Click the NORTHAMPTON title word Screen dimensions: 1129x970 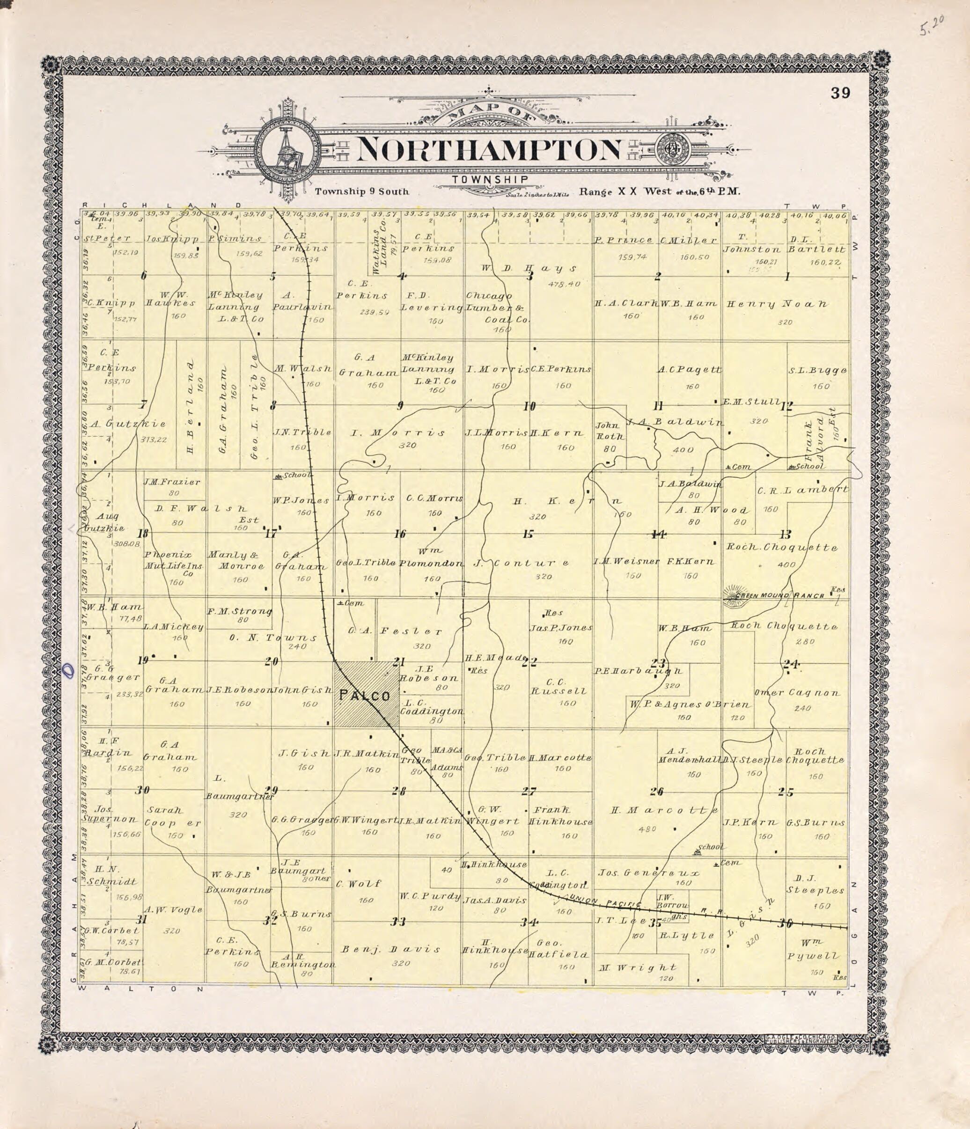[489, 149]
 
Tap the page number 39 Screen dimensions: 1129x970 [840, 93]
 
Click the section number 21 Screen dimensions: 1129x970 [399, 661]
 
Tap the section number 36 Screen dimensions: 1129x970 [785, 923]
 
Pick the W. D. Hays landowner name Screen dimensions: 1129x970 [529, 268]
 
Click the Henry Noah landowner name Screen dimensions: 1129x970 [777, 304]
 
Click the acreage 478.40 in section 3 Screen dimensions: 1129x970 [565, 284]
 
